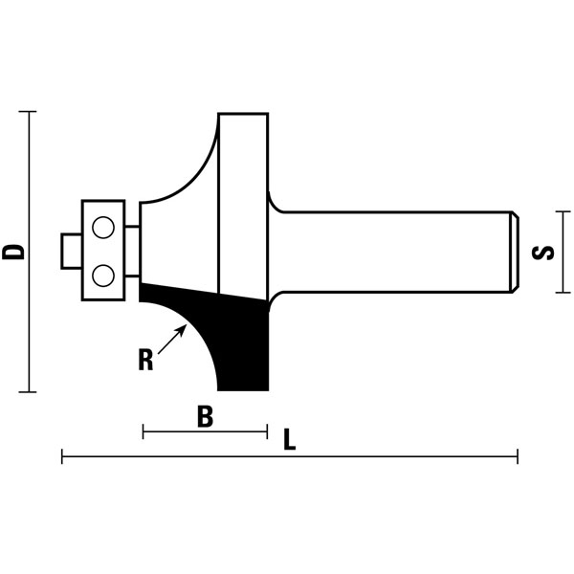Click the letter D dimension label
13,252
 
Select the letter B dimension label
204,417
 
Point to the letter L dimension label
290,440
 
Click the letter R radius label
145,361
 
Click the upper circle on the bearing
103,228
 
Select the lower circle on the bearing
103,276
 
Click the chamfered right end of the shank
514,252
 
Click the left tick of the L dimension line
62,457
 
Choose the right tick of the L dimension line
518,457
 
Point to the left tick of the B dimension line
143,432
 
